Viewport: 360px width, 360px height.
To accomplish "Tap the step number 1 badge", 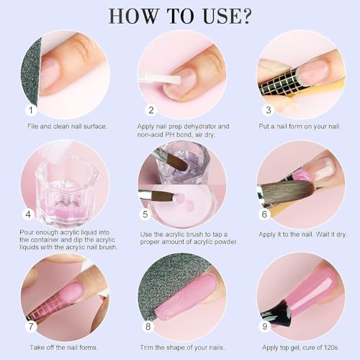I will (30, 110).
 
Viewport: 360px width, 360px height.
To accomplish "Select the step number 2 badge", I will (150, 110).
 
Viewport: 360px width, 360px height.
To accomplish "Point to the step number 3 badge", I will (269, 110).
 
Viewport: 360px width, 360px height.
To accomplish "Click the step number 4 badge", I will (30, 213).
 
